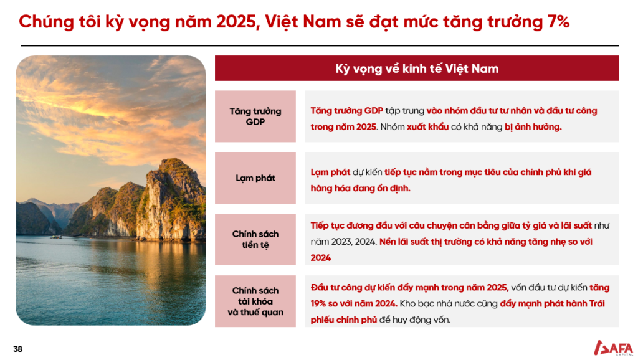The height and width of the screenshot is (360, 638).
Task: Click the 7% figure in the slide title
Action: (558, 22)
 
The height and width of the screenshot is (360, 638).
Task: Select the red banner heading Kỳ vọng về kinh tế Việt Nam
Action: (417, 69)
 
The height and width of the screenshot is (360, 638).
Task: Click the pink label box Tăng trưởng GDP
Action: (255, 116)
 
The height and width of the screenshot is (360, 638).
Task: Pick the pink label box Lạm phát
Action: (255, 178)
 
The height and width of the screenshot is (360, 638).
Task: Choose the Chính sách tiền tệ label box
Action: (255, 240)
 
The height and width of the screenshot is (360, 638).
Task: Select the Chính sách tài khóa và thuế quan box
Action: (255, 301)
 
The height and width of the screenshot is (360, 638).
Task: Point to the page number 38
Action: (18, 349)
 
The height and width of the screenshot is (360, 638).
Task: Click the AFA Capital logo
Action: (613, 348)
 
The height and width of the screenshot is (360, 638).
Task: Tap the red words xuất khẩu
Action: (427, 127)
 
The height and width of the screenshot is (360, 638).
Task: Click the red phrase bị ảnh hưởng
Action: (533, 127)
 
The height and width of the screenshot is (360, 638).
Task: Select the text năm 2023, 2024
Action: (343, 242)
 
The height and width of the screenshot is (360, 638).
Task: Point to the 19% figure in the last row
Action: (321, 303)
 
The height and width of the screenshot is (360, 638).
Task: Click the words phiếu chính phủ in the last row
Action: (344, 320)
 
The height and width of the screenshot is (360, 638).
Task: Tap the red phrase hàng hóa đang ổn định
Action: (361, 188)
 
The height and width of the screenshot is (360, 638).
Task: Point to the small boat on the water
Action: (56, 236)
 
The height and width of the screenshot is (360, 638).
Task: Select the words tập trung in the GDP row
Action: (404, 111)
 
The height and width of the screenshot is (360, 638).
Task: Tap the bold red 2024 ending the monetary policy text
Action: (321, 258)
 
